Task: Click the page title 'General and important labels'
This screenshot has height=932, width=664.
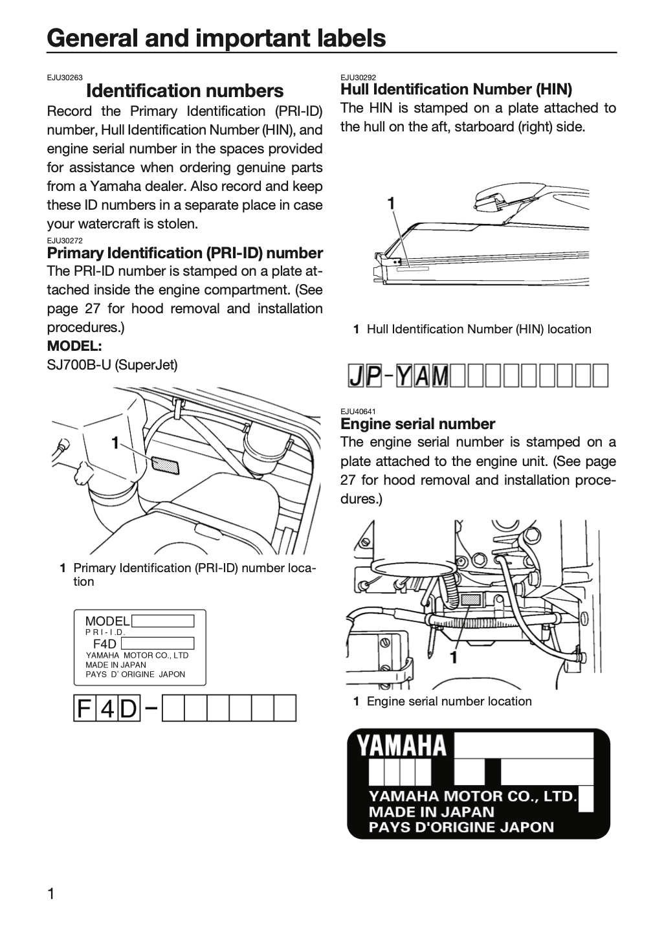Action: (216, 38)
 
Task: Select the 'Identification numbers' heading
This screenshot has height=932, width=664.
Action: (184, 91)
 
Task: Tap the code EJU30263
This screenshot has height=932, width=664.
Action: (65, 78)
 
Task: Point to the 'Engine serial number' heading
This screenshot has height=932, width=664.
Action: (417, 424)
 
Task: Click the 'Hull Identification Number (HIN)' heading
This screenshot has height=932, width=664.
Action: (456, 89)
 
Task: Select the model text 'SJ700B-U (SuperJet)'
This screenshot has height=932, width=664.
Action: (113, 365)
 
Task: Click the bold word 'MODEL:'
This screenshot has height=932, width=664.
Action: (74, 346)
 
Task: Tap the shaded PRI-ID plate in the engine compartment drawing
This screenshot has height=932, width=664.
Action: (165, 465)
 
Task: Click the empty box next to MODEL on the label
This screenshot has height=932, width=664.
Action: (162, 621)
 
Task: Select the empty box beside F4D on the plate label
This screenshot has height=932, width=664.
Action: (157, 643)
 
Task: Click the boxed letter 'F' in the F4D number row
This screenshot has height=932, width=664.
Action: (84, 708)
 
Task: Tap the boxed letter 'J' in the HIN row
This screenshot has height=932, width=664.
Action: (357, 375)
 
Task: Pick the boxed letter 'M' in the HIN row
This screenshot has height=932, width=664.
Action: (440, 375)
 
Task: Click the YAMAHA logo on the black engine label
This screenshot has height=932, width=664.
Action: (401, 745)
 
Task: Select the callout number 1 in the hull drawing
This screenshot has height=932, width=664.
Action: (391, 204)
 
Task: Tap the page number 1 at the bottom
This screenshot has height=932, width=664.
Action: (50, 894)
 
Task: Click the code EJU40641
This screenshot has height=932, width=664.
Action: (359, 412)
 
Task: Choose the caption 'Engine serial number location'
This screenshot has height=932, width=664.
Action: (449, 702)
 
